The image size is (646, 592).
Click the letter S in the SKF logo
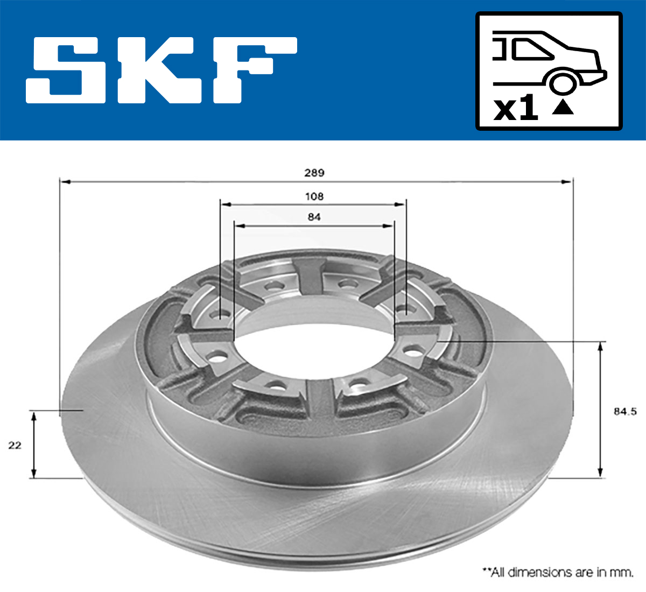(66, 70)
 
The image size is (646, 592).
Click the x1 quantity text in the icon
(516, 109)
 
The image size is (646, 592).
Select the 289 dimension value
(314, 173)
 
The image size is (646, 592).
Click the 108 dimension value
(314, 196)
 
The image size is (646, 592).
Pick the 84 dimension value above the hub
(314, 217)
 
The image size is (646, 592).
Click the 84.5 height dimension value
(624, 411)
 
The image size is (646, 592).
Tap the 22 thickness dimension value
(15, 445)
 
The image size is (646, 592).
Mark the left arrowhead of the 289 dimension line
(65, 182)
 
